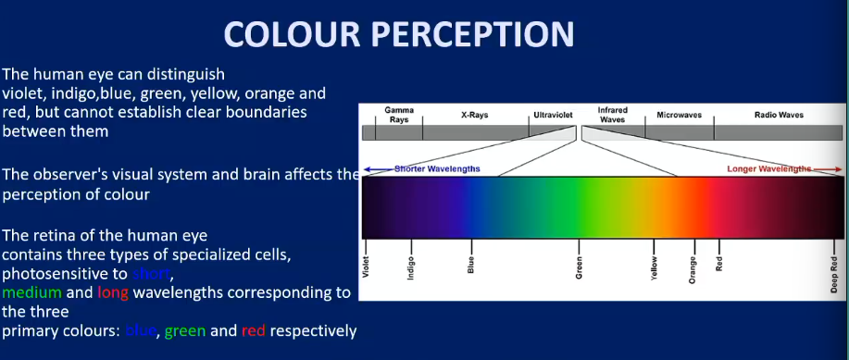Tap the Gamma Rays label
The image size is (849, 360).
(399, 114)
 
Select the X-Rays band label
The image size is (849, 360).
(476, 116)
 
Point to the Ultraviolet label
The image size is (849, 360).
(554, 116)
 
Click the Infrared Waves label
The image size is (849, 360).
(612, 114)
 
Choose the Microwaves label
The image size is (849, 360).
(680, 116)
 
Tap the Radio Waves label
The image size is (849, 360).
(778, 116)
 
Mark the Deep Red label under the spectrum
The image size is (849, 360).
(833, 274)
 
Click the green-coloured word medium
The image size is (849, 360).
(31, 293)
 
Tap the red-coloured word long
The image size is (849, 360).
(112, 293)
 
